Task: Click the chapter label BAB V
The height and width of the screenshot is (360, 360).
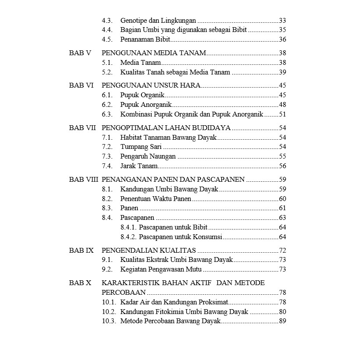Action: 80,53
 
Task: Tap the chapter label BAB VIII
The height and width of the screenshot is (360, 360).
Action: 84,180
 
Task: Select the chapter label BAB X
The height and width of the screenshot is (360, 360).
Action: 80,283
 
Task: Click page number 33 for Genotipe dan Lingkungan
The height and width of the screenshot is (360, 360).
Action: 282,21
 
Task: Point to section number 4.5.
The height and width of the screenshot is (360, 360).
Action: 107,40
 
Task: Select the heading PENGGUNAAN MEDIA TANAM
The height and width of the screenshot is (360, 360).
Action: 154,53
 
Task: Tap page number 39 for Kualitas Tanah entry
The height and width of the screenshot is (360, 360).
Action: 282,72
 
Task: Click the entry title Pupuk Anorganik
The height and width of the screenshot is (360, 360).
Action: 146,105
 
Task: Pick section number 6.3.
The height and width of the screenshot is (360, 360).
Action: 107,114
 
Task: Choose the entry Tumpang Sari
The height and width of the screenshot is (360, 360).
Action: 138,147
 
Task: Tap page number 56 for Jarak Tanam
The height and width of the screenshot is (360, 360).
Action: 282,166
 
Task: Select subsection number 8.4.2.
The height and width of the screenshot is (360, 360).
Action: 128,237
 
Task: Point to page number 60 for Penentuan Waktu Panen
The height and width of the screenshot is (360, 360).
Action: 282,199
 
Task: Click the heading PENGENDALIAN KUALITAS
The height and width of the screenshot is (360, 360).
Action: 149,251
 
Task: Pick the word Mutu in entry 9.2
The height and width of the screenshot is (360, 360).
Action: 193,269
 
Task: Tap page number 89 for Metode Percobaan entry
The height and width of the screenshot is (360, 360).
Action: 282,321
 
